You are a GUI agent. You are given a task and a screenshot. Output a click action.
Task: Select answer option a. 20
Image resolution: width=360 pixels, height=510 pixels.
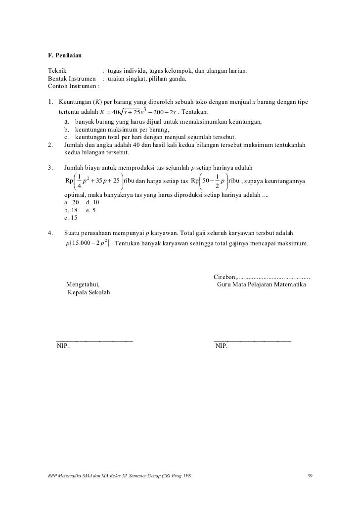tap(72, 202)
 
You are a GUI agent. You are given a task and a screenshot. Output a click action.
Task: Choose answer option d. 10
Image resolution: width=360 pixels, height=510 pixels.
tap(92, 202)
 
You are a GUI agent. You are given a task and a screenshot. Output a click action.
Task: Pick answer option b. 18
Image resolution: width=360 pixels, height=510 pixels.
tap(72, 210)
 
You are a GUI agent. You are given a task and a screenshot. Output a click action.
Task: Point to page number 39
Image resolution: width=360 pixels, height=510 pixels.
tap(310, 476)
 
